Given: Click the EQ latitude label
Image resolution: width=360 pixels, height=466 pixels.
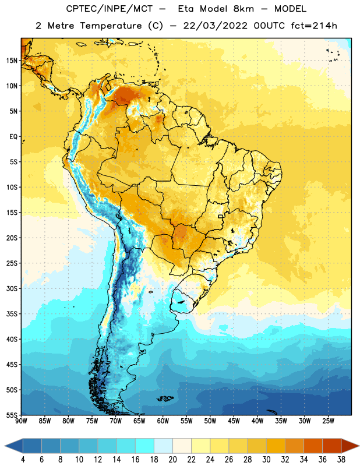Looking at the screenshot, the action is coord(13,137).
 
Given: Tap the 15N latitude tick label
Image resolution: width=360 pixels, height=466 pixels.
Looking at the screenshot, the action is coord(12,61).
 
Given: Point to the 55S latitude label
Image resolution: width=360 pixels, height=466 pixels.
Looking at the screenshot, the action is coord(12,415).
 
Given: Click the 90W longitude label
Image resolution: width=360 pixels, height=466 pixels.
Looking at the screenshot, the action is coord(21,421).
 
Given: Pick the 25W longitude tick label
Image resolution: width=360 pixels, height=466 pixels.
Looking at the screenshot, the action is coord(328,421).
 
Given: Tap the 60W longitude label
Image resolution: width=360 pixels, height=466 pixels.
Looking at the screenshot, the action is coord(163,421).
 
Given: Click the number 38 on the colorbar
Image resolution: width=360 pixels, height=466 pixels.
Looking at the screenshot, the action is coord(341,460).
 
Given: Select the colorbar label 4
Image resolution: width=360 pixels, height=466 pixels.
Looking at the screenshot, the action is coord(23,460).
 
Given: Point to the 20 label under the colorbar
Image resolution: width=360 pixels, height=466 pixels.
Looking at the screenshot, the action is coord(172,460).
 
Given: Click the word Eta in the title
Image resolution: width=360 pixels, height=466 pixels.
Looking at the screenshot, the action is coord(186,9).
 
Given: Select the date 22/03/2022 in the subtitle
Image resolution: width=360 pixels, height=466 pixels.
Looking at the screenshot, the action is coord(215,26).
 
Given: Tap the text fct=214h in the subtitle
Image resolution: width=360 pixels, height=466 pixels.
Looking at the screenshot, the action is coord(314,26).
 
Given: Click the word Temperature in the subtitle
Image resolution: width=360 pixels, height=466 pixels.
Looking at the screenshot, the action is coord(111,26).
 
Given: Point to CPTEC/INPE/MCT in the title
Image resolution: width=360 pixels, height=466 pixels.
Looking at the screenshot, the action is coord(109,9).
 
